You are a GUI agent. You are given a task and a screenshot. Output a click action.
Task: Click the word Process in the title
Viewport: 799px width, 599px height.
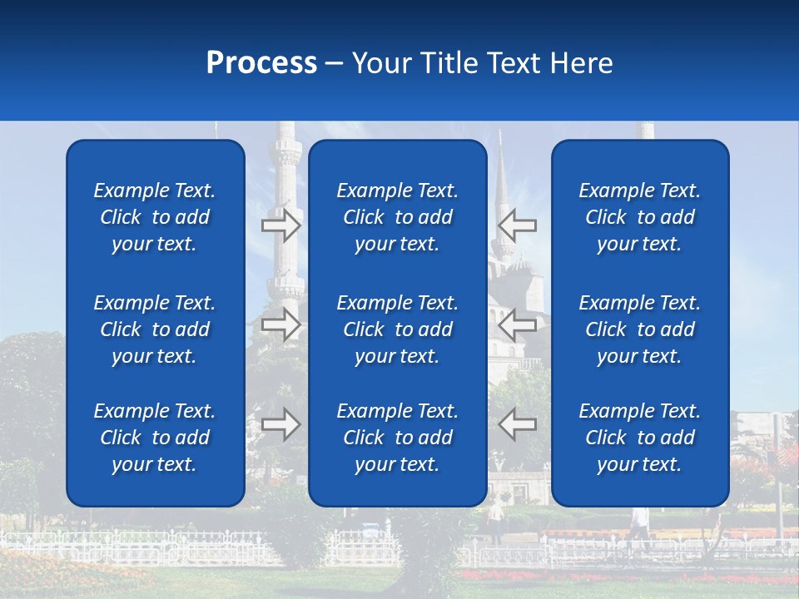261,63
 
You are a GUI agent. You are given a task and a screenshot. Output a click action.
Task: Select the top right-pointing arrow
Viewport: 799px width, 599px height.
281,225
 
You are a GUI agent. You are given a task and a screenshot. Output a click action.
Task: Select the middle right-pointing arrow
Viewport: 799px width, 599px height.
281,324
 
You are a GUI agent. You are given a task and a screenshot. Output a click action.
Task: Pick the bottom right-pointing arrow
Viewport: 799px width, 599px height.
281,424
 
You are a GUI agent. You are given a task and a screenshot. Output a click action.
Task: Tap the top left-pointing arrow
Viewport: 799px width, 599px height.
518,225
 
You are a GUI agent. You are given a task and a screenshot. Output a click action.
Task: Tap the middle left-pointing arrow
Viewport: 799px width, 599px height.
518,324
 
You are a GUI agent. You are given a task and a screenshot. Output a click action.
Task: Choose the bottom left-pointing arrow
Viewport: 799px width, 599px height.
518,424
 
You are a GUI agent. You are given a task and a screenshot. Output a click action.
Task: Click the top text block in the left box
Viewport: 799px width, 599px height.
155,217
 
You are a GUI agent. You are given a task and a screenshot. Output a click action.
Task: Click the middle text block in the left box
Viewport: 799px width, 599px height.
155,329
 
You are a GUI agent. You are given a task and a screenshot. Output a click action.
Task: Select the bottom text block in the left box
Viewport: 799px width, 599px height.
155,438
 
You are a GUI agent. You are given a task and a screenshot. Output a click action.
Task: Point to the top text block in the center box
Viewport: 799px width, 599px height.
397,217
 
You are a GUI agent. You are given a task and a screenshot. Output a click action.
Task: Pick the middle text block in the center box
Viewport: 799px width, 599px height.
397,329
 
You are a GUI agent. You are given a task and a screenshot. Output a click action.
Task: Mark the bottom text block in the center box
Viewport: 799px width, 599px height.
397,438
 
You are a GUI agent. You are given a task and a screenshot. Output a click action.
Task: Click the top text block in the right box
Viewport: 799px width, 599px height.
639,217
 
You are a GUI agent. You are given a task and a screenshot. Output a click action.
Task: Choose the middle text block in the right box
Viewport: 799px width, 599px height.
639,329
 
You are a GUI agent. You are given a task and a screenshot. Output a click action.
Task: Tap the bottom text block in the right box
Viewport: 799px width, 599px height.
639,438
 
